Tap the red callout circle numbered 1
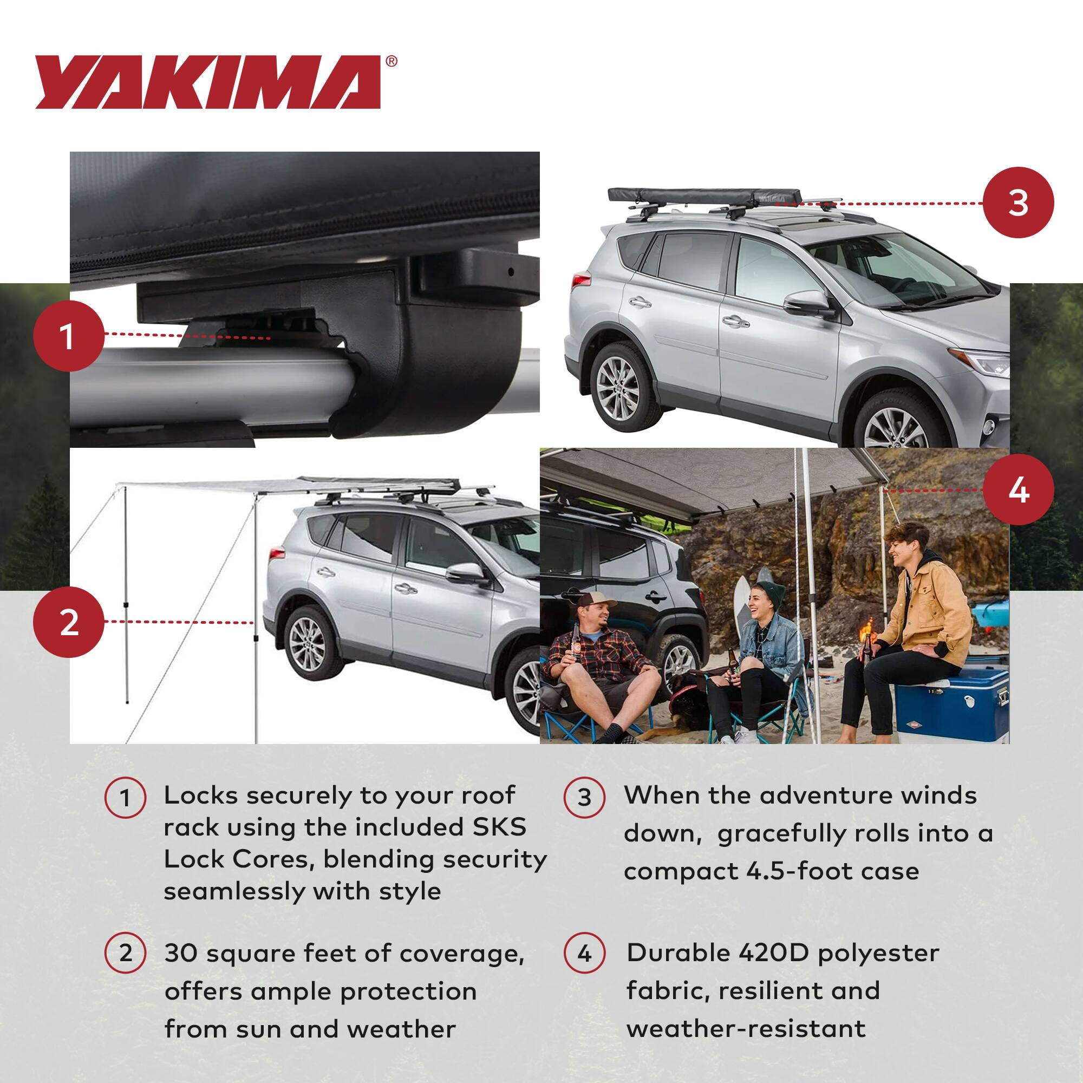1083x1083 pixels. [x=68, y=336]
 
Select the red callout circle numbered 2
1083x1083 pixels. [x=68, y=622]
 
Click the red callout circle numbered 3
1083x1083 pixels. [x=1019, y=203]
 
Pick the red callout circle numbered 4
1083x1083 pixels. [x=1019, y=490]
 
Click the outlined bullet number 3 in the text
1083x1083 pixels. [x=584, y=797]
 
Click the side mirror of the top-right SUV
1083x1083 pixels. [x=808, y=303]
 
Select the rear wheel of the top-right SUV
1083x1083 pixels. [x=618, y=386]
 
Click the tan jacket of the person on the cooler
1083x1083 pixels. [x=925, y=611]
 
